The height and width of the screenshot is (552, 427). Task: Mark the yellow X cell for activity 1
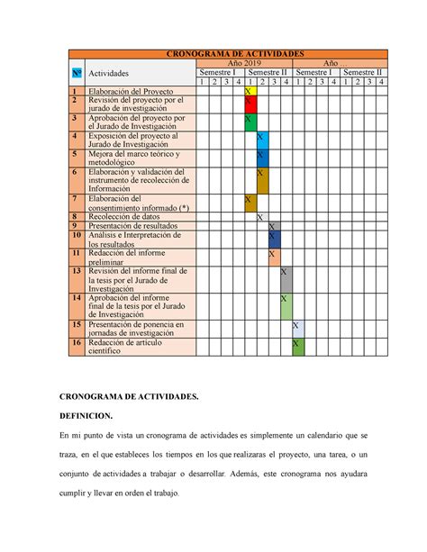coord(250,91)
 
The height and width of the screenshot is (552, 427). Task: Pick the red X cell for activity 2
coord(250,104)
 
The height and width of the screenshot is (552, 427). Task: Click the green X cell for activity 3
coord(250,122)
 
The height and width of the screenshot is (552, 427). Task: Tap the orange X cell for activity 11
coord(273,257)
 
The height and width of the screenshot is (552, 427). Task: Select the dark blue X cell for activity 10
coord(273,239)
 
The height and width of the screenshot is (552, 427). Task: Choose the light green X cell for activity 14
coord(285,305)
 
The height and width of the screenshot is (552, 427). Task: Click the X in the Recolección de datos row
coord(261,217)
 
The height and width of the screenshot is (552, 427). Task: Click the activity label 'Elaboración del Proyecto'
coord(131,91)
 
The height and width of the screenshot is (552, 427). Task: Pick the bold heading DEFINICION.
coord(86,415)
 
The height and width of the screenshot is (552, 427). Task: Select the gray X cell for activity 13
coord(285,278)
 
